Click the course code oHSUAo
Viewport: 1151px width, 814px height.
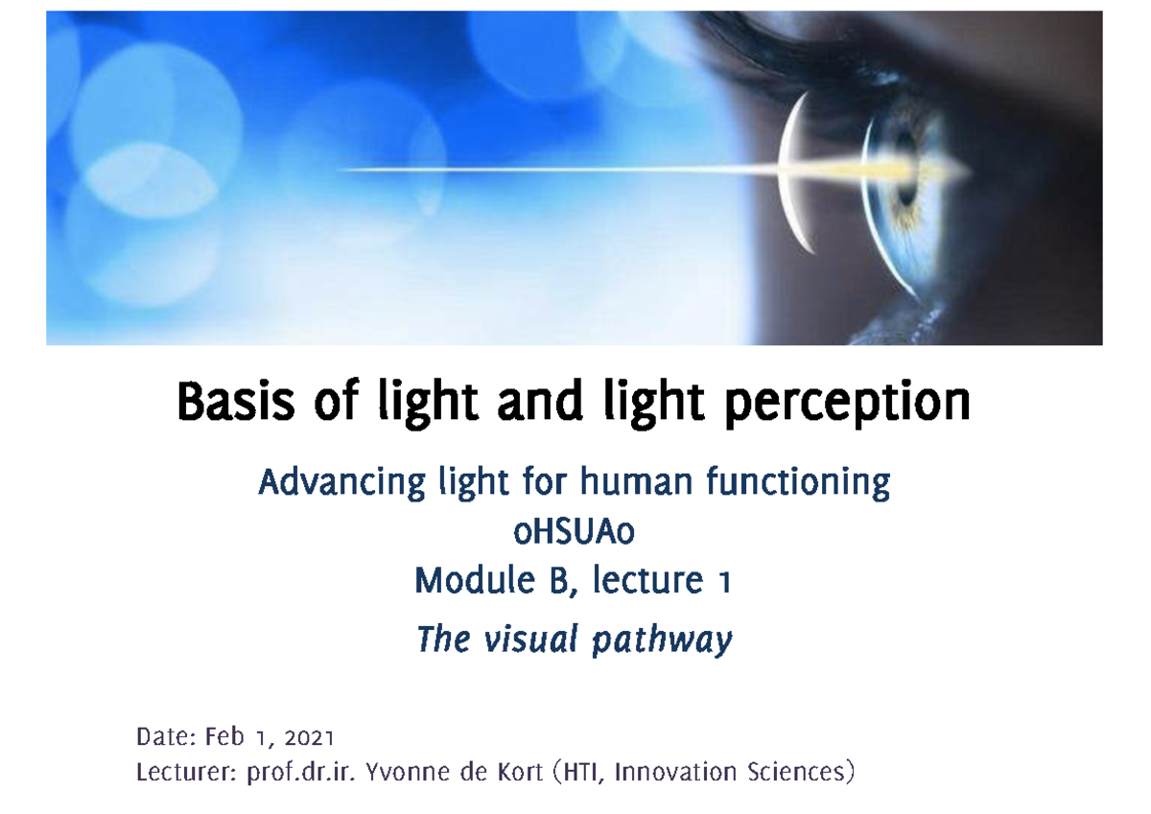(574, 531)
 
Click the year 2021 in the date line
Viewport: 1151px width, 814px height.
(309, 737)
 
